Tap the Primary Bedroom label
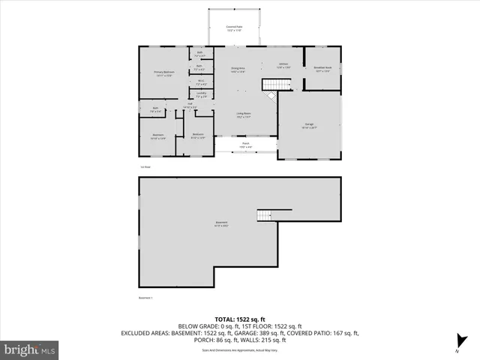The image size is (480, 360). pyautogui.click(x=163, y=73)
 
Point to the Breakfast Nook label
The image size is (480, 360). pyautogui.click(x=322, y=68)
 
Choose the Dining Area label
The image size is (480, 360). pyautogui.click(x=238, y=70)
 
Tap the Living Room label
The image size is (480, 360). pyautogui.click(x=244, y=115)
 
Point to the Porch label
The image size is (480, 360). pyautogui.click(x=245, y=144)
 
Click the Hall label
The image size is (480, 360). pyautogui.click(x=190, y=106)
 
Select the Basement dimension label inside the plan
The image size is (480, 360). pyautogui.click(x=221, y=223)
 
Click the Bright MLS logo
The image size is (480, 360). pyautogui.click(x=30, y=349)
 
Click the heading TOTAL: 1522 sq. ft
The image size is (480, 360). pyautogui.click(x=240, y=319)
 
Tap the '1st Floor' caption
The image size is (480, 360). pyautogui.click(x=145, y=166)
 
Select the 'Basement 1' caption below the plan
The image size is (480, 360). pyautogui.click(x=146, y=297)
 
